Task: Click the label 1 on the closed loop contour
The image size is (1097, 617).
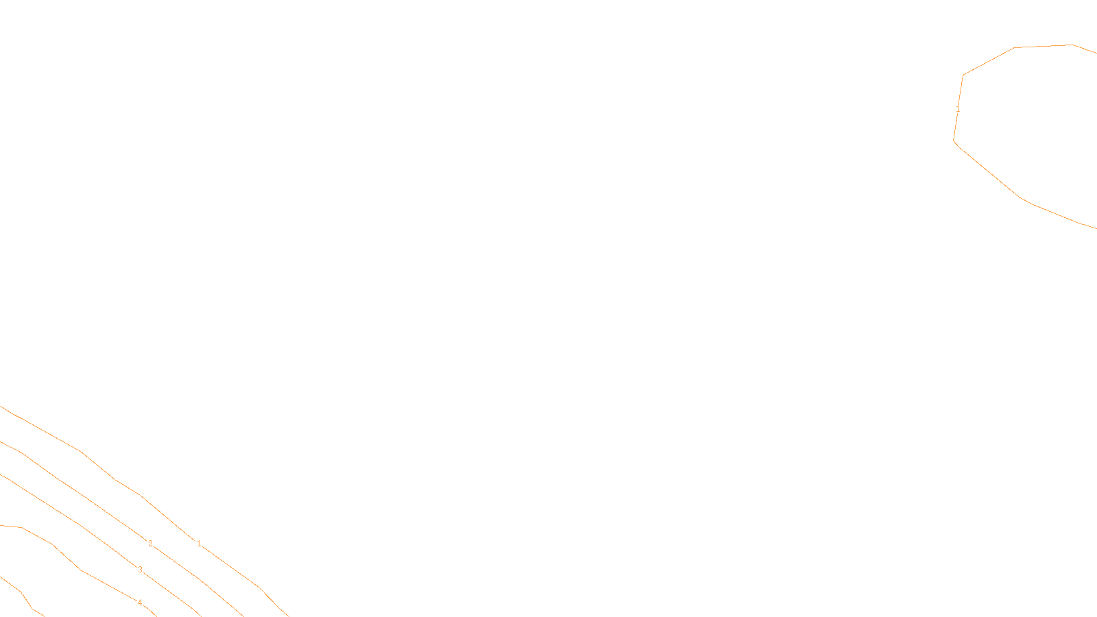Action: click(x=958, y=109)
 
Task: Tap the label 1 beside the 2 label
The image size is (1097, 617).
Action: click(x=199, y=544)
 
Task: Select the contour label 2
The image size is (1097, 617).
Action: click(x=150, y=544)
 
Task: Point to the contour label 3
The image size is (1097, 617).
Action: click(x=140, y=570)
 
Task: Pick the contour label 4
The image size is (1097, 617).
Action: click(x=140, y=603)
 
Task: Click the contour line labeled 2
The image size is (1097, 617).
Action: click(x=82, y=495)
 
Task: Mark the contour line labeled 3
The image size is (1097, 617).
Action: click(x=82, y=527)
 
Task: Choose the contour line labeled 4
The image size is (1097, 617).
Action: click(x=82, y=570)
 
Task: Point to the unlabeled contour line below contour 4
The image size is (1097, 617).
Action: click(x=21, y=592)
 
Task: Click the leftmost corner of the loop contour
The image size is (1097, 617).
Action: click(x=954, y=141)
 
